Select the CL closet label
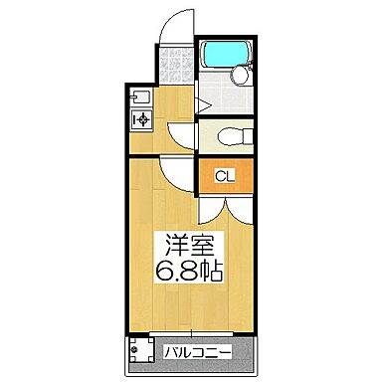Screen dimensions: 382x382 click(x=225, y=178)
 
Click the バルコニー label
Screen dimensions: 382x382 click(x=195, y=351)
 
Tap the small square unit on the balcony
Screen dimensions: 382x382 click(x=139, y=351)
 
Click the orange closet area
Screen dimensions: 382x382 click(x=225, y=178)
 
